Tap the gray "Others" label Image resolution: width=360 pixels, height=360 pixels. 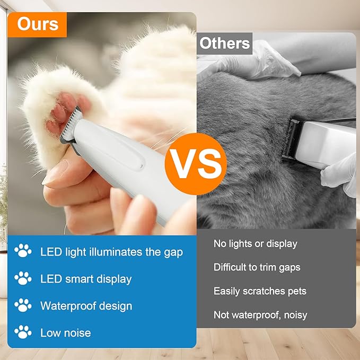pyautogui.click(x=225, y=43)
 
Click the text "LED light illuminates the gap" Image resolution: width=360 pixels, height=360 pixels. pyautogui.click(x=111, y=252)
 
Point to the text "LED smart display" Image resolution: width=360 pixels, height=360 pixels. pyautogui.click(x=86, y=279)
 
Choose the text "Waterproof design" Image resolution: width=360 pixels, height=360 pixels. pyautogui.click(x=86, y=306)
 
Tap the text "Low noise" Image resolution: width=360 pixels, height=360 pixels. pyautogui.click(x=65, y=333)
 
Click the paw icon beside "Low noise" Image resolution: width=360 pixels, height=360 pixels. pyautogui.click(x=23, y=332)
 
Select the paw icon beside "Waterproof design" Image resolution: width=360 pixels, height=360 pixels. pyautogui.click(x=23, y=305)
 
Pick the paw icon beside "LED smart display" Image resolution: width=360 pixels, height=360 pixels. pyautogui.click(x=23, y=278)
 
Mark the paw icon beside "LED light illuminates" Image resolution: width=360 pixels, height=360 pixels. pyautogui.click(x=23, y=251)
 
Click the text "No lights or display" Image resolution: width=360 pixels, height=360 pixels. pyautogui.click(x=255, y=244)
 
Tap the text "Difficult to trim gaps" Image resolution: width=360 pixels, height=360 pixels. pyautogui.click(x=257, y=267)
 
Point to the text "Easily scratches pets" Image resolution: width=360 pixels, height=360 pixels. pyautogui.click(x=260, y=291)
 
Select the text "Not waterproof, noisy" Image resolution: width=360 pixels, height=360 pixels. pyautogui.click(x=260, y=315)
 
